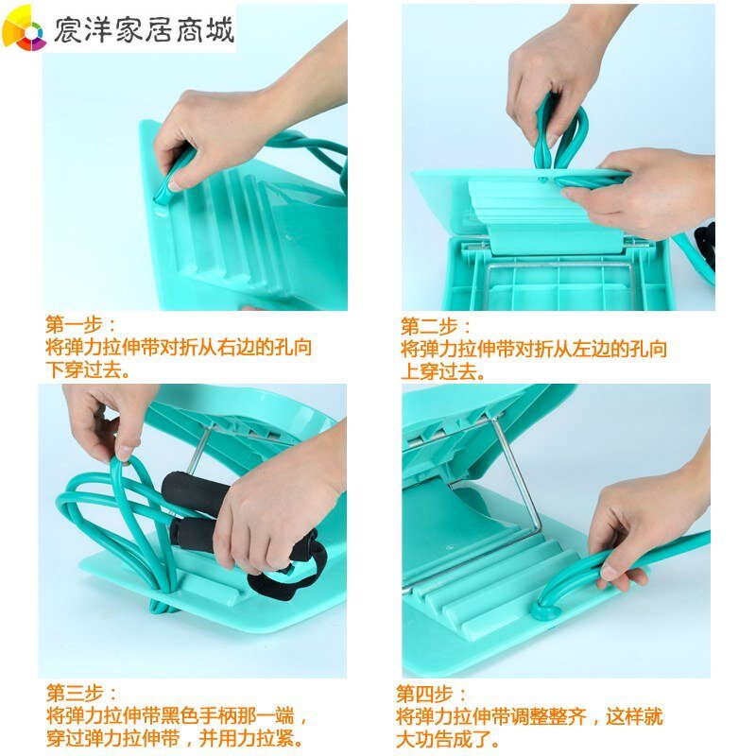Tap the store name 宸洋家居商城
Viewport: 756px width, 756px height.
click(x=145, y=30)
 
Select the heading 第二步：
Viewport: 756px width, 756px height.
click(x=436, y=326)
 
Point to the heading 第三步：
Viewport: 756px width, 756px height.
click(x=82, y=694)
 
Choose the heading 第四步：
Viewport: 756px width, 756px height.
click(x=431, y=695)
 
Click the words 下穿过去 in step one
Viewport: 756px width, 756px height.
click(x=83, y=369)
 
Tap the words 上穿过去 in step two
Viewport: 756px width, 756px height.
click(x=438, y=371)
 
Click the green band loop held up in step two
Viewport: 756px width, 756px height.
click(x=561, y=132)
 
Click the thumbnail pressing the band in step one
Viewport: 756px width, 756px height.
click(x=176, y=184)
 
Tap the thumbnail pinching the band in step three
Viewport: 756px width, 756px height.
click(x=125, y=454)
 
